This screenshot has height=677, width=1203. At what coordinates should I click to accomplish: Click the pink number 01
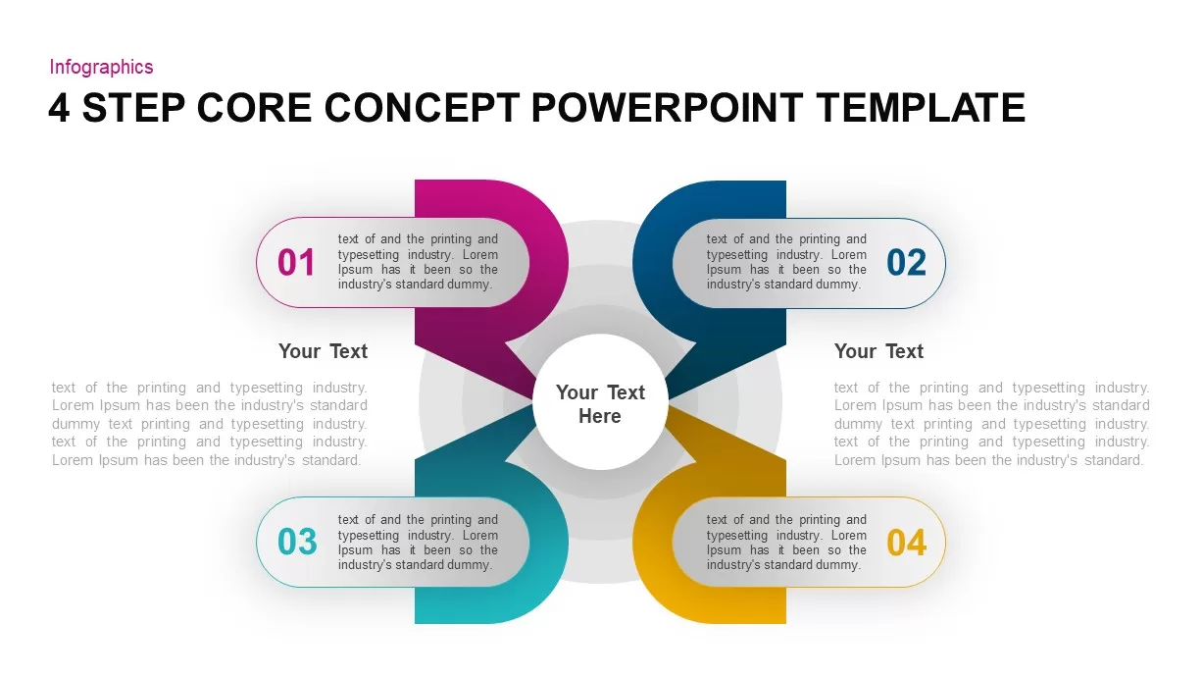coord(296,263)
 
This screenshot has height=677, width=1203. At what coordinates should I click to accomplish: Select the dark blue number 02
coord(906,263)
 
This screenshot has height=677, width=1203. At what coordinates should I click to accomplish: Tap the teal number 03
coord(297,542)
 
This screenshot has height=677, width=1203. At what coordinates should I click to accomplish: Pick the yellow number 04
coord(906,543)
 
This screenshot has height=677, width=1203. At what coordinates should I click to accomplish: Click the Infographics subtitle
coord(102,67)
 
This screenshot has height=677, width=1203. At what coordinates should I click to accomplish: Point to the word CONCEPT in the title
coord(422,108)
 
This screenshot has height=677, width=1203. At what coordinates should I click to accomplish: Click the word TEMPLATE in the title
coord(921,108)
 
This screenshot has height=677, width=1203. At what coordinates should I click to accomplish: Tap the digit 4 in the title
coord(59,108)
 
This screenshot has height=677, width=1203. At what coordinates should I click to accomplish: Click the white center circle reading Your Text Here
coord(600,402)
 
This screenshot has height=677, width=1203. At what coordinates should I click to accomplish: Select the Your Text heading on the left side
coord(323,351)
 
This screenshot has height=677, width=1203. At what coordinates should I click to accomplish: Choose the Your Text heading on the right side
coord(878,351)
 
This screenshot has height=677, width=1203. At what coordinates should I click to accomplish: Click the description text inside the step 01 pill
coord(418,262)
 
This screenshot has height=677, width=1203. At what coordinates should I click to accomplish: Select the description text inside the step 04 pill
coord(786,543)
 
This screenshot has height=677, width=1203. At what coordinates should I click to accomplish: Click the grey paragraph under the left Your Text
coord(210,424)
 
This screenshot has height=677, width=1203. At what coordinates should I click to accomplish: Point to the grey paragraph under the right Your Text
coord(992,424)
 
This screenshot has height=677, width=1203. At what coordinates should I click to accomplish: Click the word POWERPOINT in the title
coord(667,108)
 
